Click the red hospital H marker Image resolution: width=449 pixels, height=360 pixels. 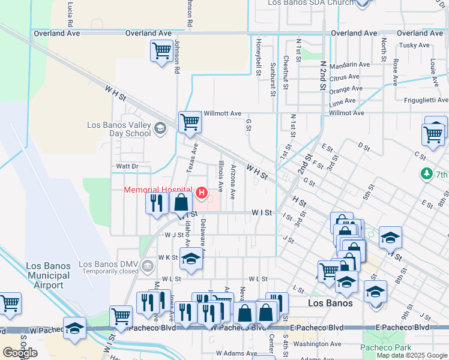(202, 193)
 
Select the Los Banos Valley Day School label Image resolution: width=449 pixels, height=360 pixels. (119, 129)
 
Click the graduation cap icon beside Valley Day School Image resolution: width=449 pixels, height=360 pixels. (160, 128)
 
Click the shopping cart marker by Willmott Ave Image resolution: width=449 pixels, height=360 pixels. (190, 122)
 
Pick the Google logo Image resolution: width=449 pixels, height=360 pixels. (20, 352)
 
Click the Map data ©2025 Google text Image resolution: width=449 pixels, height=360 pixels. (412, 355)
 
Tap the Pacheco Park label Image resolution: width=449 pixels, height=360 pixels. (386, 347)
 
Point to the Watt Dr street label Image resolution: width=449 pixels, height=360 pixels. (127, 166)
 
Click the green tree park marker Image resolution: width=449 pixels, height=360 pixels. (427, 173)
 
